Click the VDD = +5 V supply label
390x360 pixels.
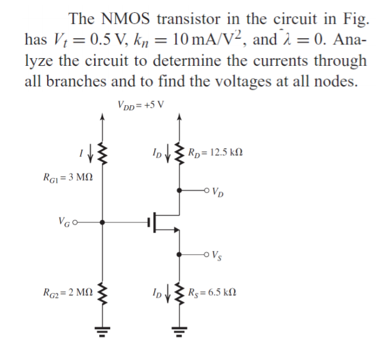point(141,105)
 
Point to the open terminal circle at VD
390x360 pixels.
point(207,191)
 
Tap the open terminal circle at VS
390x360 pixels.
point(207,256)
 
